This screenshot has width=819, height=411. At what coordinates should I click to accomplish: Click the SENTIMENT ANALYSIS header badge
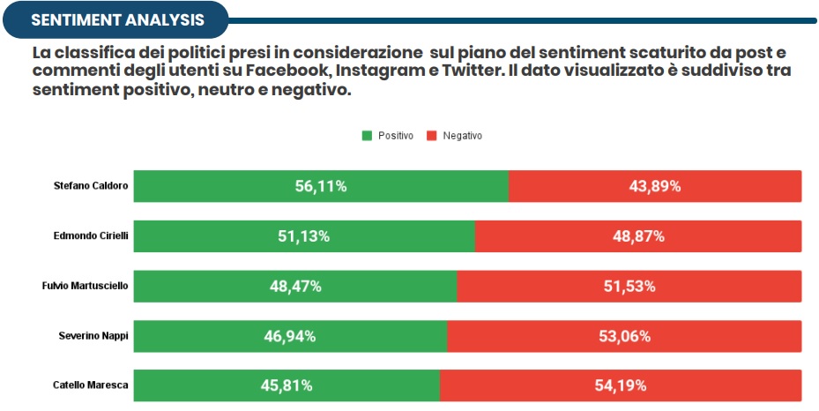point(116,19)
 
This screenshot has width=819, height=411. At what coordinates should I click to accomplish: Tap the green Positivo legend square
point(367,136)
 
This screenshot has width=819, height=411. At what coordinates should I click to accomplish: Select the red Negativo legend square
point(431,136)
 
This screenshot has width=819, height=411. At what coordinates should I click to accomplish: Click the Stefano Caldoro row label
point(91,186)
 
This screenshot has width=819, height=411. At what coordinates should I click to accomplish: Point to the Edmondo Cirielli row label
point(91,236)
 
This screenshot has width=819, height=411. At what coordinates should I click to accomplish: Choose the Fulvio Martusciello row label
point(87,286)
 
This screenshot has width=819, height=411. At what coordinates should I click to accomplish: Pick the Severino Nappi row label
point(93,336)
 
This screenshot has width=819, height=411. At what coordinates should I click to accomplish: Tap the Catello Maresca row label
point(91,385)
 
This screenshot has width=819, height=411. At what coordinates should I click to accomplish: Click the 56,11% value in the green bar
point(321,186)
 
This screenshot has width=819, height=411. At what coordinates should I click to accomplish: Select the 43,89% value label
point(655,186)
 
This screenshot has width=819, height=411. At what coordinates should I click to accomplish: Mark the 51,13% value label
point(304,236)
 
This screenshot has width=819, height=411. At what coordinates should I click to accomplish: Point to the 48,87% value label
point(638,236)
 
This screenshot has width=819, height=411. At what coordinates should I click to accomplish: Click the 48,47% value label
point(295,286)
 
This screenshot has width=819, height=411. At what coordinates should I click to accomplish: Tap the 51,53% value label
point(629,286)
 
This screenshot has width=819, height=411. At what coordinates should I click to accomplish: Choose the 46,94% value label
point(290,336)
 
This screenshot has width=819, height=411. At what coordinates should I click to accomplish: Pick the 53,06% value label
point(624,336)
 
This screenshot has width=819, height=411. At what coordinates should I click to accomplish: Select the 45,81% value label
point(287,385)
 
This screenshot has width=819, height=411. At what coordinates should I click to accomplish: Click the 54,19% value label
point(621,385)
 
